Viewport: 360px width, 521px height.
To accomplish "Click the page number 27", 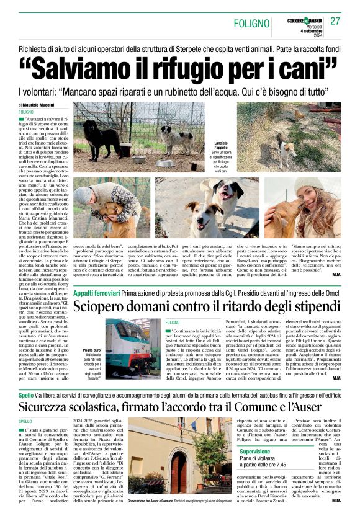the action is pyautogui.click(x=335, y=21).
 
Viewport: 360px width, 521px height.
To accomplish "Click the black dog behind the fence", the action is pyautogui.click(x=99, y=138).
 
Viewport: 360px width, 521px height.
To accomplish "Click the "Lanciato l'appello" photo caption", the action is pyautogui.click(x=220, y=148).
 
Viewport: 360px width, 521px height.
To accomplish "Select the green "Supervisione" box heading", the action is pyautogui.click(x=254, y=452).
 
